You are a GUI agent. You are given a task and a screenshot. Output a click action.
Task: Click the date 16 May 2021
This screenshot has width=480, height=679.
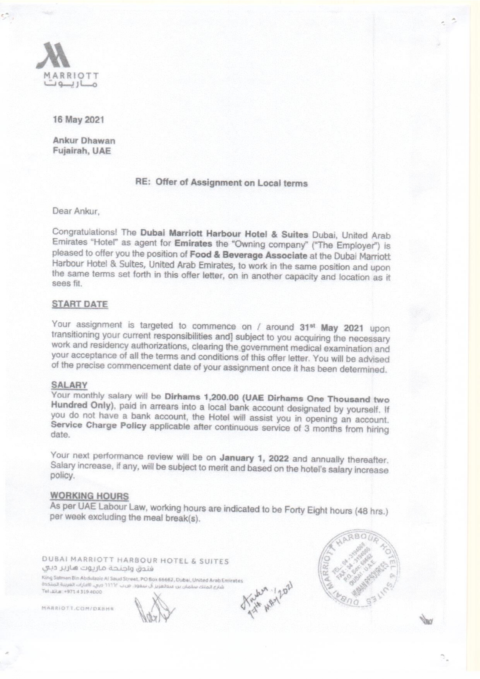[x=78, y=120]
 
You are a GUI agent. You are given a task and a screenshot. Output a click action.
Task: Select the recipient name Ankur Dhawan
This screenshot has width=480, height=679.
[x=84, y=140]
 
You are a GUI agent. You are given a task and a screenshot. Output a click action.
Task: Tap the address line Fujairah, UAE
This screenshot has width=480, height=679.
[x=82, y=151]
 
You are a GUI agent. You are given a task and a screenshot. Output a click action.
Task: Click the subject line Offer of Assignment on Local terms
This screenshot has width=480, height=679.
[x=231, y=183]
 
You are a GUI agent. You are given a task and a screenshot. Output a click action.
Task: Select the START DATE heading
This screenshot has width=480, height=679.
[x=80, y=304]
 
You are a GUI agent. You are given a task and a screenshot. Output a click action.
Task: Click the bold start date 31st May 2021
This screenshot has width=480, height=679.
[x=331, y=328]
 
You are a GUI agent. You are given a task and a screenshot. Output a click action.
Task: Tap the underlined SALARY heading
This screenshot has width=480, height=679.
[x=69, y=385]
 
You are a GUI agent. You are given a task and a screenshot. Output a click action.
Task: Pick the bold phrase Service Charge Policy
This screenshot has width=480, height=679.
[x=98, y=425]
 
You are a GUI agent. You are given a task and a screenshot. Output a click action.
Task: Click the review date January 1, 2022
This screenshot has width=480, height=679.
[x=254, y=458]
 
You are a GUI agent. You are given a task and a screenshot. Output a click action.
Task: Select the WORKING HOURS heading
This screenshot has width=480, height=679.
[x=89, y=496]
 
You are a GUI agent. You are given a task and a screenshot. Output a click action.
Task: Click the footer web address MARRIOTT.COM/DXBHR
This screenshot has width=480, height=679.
[x=77, y=608]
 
